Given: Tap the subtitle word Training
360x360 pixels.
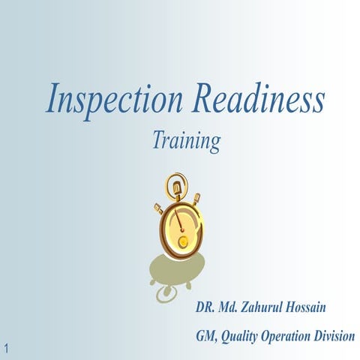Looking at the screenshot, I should (x=185, y=140).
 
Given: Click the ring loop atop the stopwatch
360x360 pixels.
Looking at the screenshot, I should (x=175, y=181).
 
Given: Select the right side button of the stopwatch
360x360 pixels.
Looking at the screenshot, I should (x=197, y=199).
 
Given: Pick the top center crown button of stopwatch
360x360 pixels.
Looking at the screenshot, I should (x=176, y=193).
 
